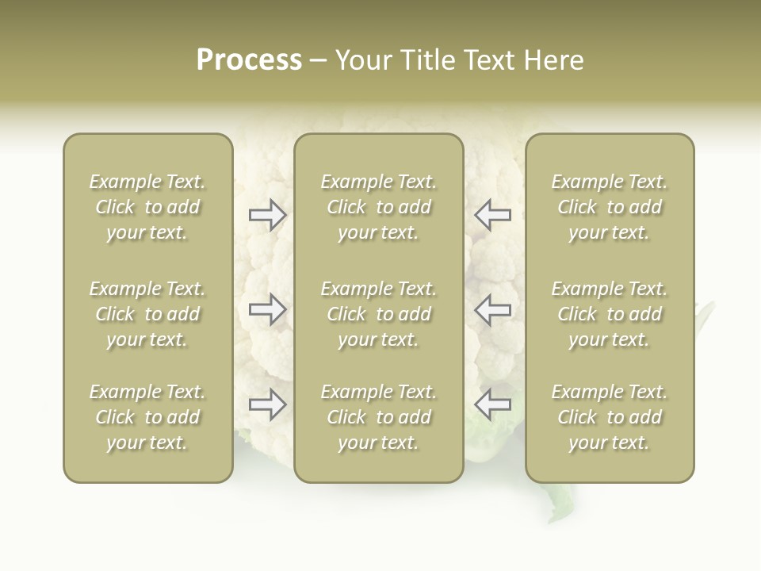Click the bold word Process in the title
coord(249,60)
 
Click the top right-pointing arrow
coord(268,215)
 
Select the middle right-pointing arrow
coord(268,309)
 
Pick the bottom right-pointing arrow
coord(268,404)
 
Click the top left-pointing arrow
coord(493,215)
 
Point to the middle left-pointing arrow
coord(493,309)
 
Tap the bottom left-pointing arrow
coord(493,404)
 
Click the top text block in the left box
coord(147,207)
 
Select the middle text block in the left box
coord(147,314)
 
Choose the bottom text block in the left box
coord(147,417)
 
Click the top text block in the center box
coord(378,207)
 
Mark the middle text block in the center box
coord(378,314)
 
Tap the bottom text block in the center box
coord(378,417)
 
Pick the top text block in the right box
coord(610,207)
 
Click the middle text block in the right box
coord(610,314)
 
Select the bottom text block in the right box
coord(610,417)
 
